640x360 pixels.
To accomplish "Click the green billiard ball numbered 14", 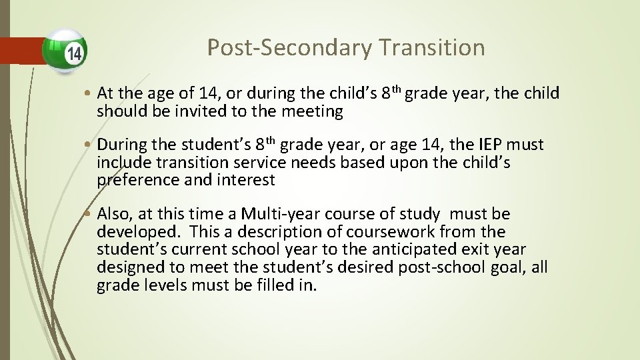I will (65, 51).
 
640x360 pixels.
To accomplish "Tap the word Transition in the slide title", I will (433, 48).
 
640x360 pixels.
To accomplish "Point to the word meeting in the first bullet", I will (313, 111).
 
